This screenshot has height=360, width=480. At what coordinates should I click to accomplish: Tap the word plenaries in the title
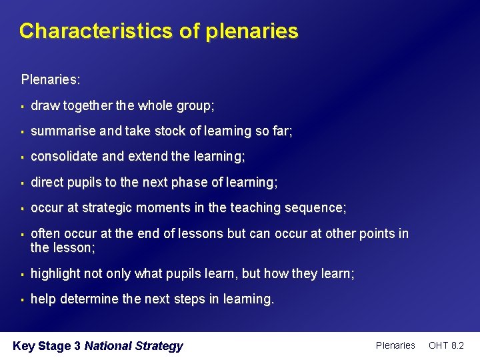(x=252, y=31)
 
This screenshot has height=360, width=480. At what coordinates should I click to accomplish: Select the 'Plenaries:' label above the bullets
(x=51, y=80)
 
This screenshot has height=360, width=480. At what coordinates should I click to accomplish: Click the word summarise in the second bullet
(x=63, y=131)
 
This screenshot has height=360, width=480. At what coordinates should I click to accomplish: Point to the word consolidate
(x=65, y=157)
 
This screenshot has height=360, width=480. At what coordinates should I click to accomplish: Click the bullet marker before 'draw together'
(x=23, y=106)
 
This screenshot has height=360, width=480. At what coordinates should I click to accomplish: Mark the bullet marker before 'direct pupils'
(x=23, y=183)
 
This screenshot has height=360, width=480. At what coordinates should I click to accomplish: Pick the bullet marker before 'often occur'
(x=23, y=234)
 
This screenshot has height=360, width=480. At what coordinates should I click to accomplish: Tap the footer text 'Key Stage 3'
(x=47, y=346)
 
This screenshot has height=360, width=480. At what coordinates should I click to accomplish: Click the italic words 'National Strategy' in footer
(x=133, y=346)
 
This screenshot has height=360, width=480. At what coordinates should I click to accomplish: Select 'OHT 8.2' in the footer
(x=446, y=345)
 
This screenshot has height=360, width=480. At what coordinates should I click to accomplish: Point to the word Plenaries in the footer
(x=395, y=345)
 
